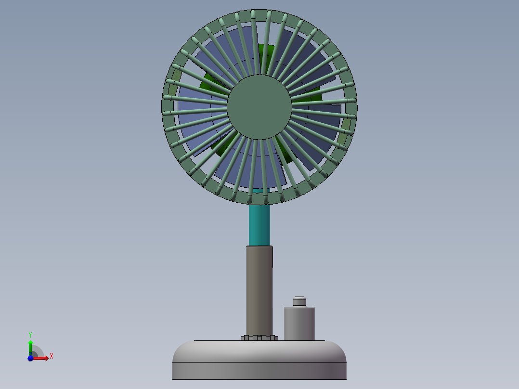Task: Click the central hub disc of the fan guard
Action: (259, 107)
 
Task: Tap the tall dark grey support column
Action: (259, 289)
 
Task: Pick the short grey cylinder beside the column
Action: (299, 324)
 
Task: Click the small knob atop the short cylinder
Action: (299, 302)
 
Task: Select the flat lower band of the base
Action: (259, 371)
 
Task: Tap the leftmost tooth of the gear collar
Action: (242, 338)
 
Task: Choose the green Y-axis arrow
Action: (30, 346)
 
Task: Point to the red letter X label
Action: (51, 356)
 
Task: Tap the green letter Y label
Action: (30, 334)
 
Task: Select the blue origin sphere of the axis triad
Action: (30, 358)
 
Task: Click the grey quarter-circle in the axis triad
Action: (38, 351)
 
